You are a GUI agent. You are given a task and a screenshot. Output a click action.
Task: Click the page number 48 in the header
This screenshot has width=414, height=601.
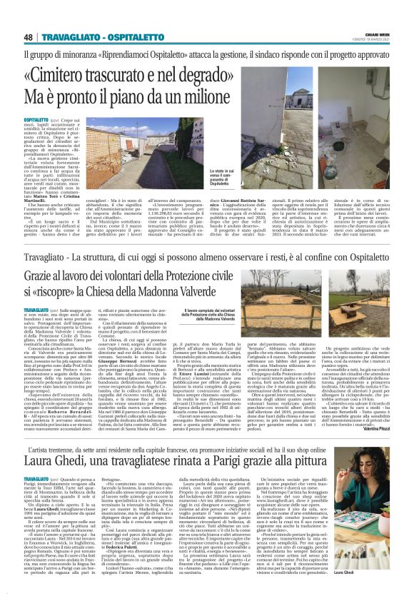tap(29, 37)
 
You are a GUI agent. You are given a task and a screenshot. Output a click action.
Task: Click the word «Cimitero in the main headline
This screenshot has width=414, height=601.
tap(86, 75)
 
